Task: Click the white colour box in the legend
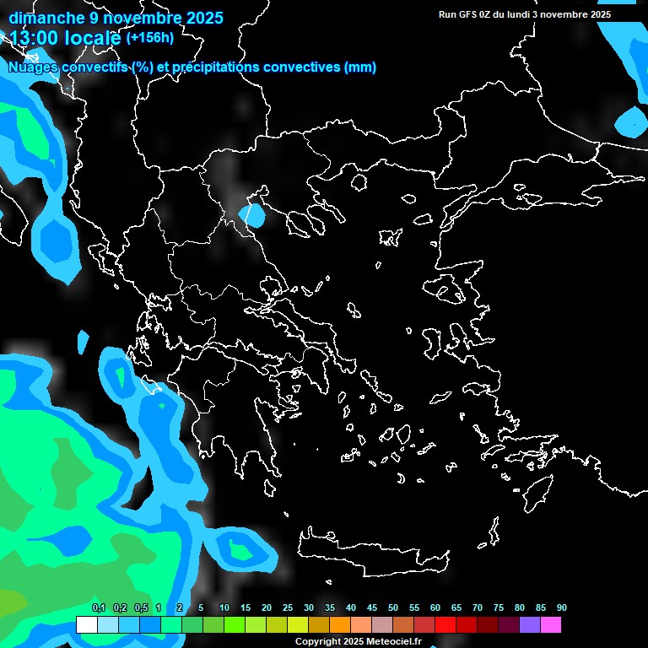click(86, 625)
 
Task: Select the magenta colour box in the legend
click(550, 625)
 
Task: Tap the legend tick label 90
click(562, 608)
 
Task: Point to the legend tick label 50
click(393, 608)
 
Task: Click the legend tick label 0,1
click(98, 608)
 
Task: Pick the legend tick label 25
click(288, 608)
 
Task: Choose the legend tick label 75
click(499, 608)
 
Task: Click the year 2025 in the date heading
click(197, 18)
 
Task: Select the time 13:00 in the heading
click(37, 38)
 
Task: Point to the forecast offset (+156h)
click(149, 38)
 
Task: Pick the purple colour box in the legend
click(529, 625)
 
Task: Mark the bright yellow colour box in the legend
click(297, 625)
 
